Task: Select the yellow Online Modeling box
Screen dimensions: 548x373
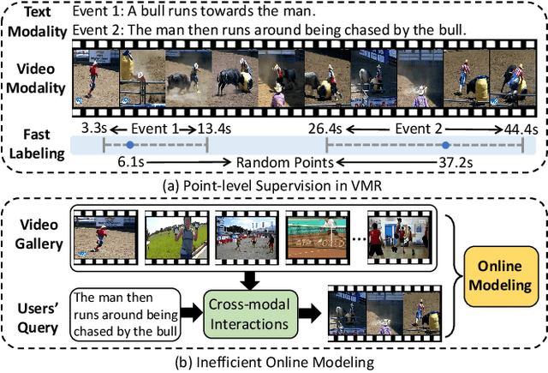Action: [504, 274]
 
